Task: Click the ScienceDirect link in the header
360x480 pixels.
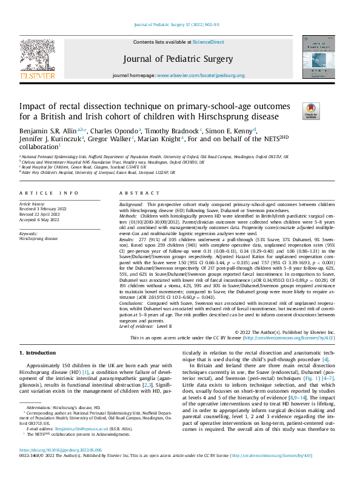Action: click(x=208, y=42)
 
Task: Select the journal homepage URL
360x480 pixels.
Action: click(x=200, y=75)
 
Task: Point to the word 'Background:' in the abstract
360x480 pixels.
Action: click(x=131, y=205)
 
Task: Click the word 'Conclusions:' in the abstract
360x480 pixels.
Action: click(x=133, y=301)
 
